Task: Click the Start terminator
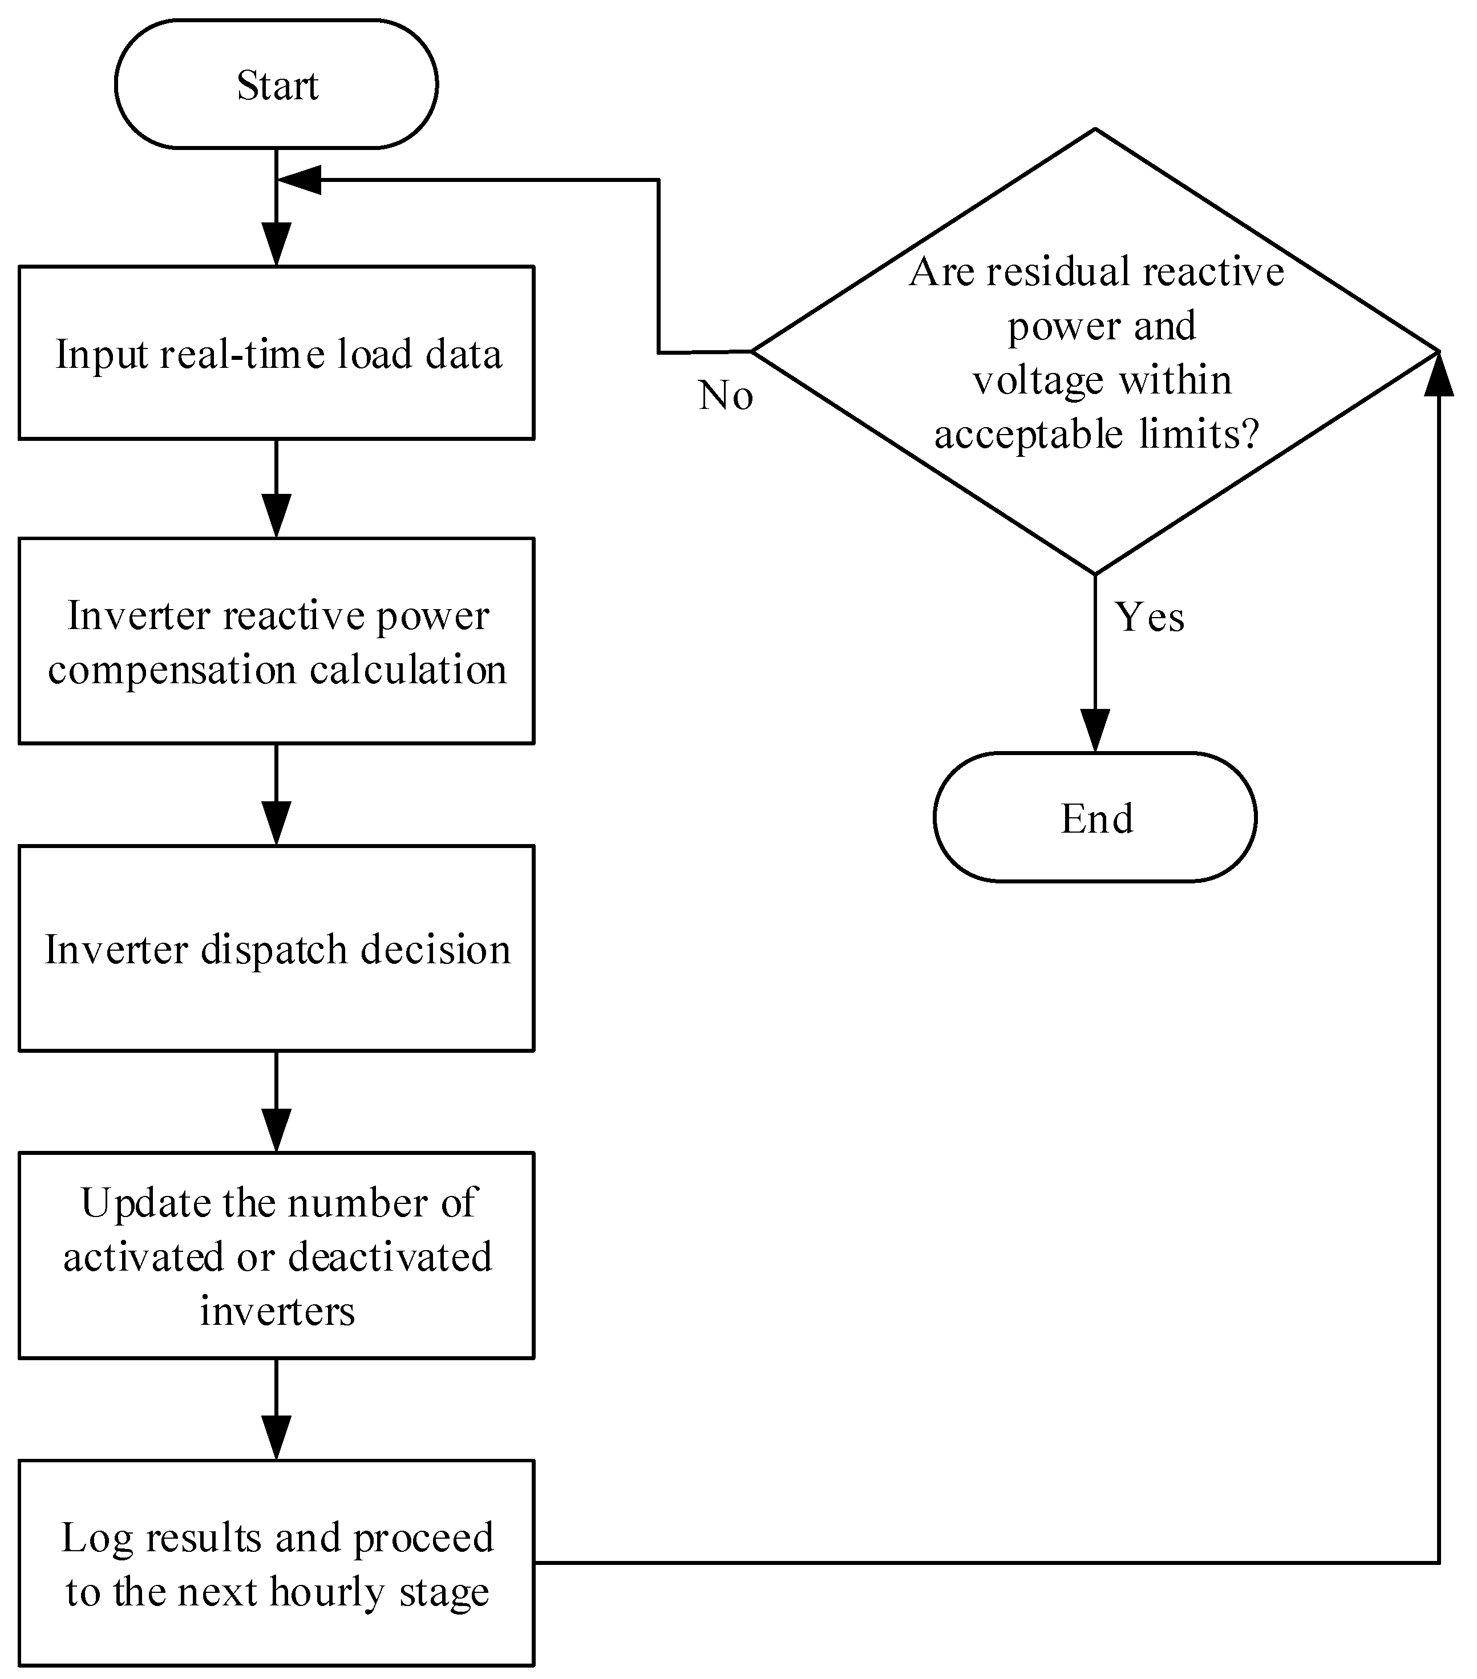(x=276, y=84)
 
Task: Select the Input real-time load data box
(x=276, y=353)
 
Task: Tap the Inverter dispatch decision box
(x=276, y=949)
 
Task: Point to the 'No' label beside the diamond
(x=725, y=396)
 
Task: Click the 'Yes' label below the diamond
(x=1148, y=617)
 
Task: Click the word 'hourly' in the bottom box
(x=327, y=1593)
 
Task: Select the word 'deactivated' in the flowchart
(x=390, y=1258)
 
